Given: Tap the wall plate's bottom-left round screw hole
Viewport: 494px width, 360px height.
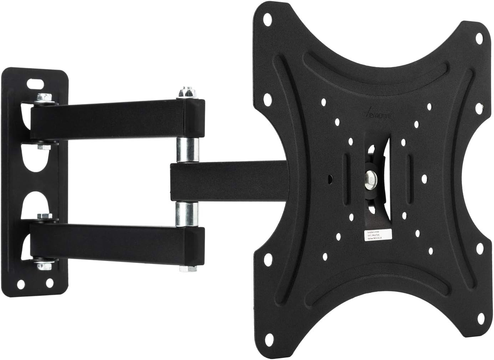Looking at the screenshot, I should point(20,284).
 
